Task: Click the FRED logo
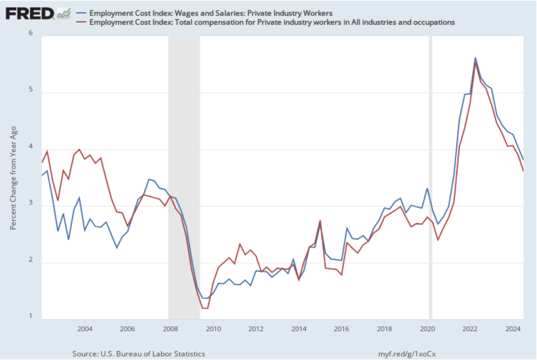coord(29,13)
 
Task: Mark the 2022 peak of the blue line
coord(475,58)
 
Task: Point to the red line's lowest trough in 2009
coord(205,308)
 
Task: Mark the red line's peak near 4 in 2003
coord(79,149)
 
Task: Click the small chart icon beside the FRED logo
coord(63,13)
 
